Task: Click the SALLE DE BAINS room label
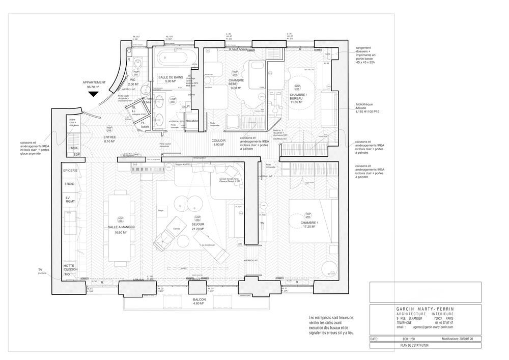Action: pos(171,77)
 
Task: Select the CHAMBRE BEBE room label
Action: pos(236,84)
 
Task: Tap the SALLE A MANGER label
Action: pos(120,230)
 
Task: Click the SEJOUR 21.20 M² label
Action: pos(197,226)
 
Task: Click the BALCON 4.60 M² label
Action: pos(199,301)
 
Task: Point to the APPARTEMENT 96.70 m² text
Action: pos(94,85)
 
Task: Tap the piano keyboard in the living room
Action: pos(148,169)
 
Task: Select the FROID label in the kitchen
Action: pos(69,184)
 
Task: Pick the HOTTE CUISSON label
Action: pos(70,268)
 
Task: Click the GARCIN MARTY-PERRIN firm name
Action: pos(425,309)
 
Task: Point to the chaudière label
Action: pos(192,121)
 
